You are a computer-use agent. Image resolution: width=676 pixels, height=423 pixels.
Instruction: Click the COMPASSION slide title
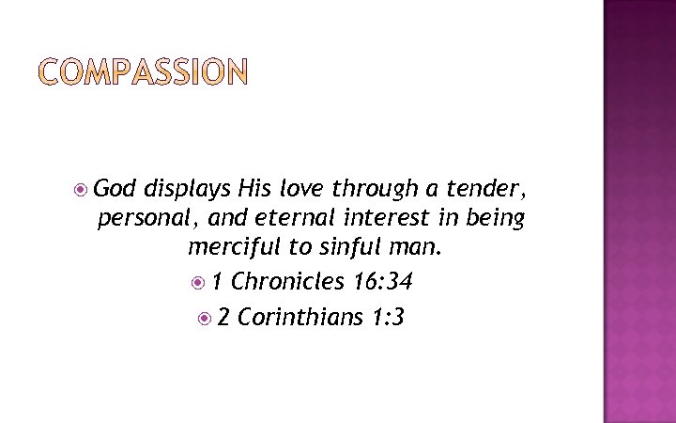pos(143,72)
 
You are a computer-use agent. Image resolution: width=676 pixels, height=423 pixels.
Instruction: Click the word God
pos(115,188)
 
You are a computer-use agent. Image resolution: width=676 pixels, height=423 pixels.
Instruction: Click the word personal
pos(139,220)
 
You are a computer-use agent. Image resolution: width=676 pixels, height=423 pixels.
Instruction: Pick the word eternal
pos(263,218)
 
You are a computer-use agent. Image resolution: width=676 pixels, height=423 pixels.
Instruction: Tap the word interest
pos(357,218)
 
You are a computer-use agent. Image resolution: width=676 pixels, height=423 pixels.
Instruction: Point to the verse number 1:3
pos(388,317)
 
